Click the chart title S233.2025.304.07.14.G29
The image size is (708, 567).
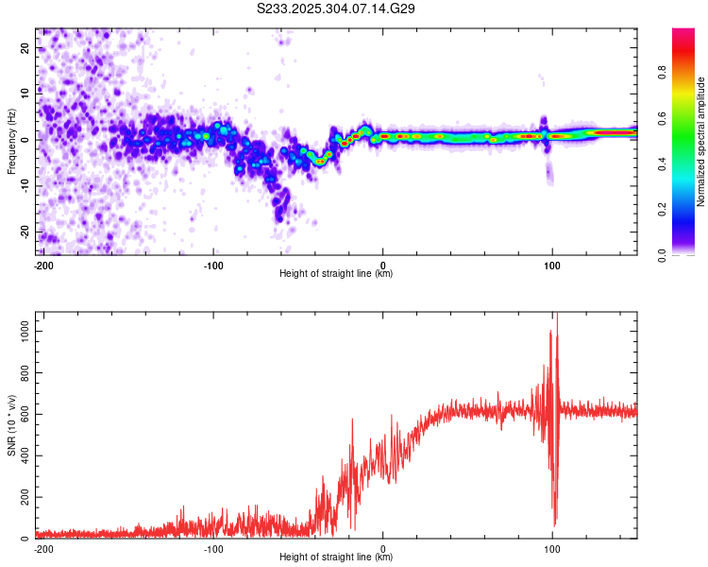pyautogui.click(x=337, y=9)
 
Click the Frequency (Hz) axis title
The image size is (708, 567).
pyautogui.click(x=11, y=142)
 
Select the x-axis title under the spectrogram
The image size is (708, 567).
pyautogui.click(x=336, y=274)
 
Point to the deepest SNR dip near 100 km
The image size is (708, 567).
pyautogui.click(x=554, y=524)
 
